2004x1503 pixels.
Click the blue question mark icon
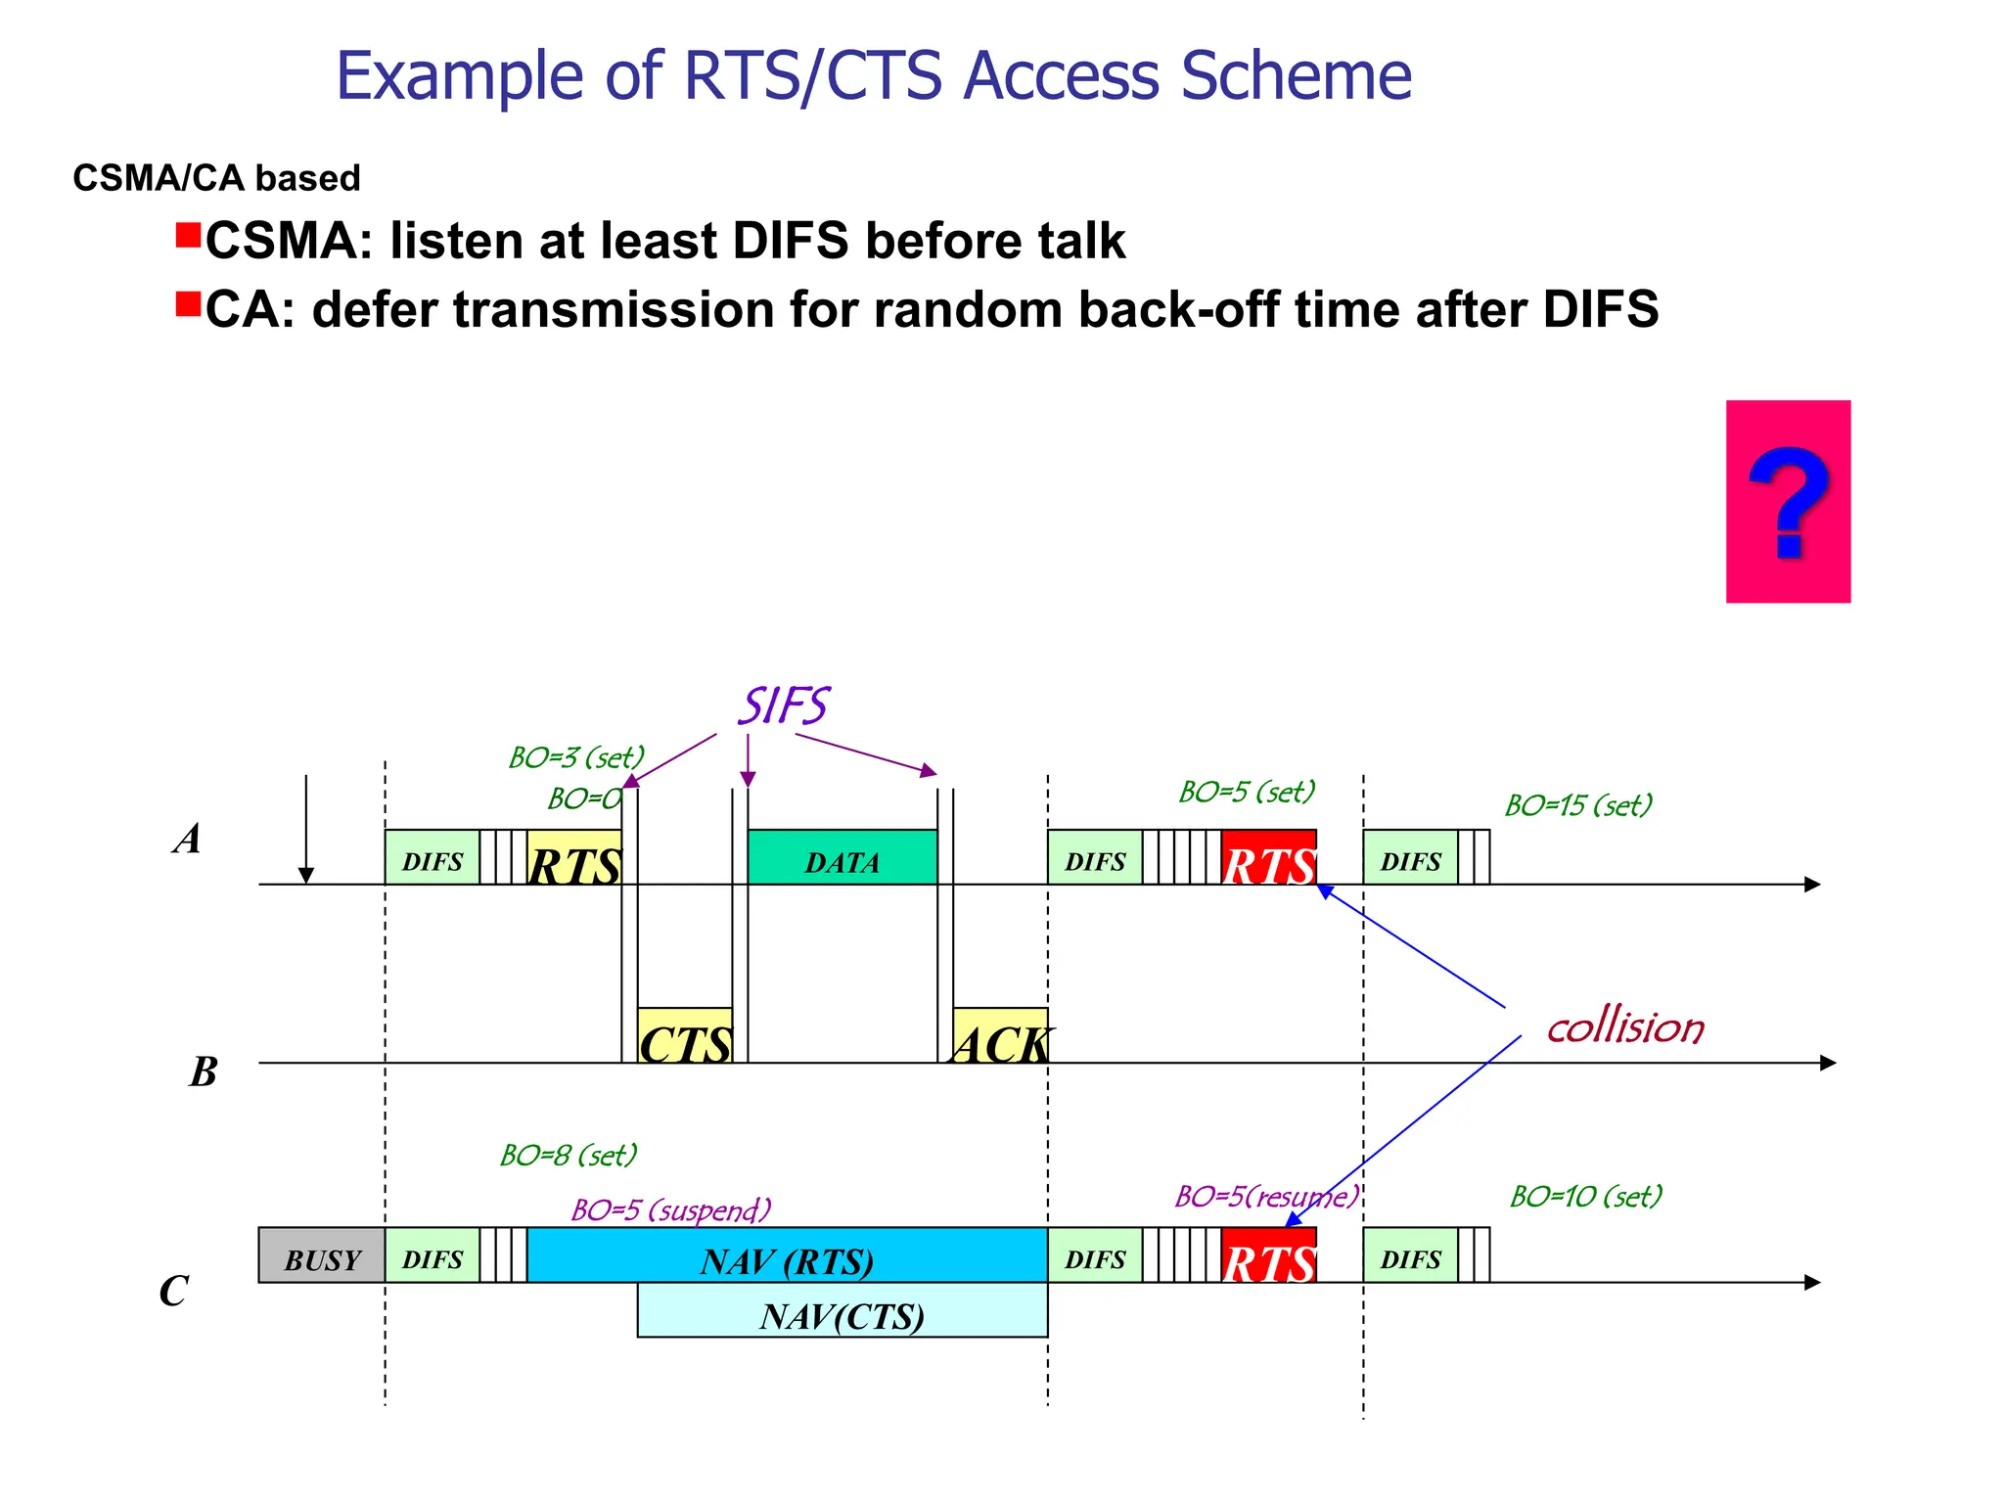[1788, 502]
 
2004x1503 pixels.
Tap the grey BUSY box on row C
[321, 1255]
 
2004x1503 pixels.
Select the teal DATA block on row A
[842, 858]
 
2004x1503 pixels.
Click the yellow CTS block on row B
[684, 1036]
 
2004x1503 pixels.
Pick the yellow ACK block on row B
[1000, 1036]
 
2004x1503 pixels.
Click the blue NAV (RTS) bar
[787, 1255]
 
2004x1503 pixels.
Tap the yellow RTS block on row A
[574, 858]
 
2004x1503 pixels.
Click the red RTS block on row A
[1268, 858]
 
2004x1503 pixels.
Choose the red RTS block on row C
[1268, 1255]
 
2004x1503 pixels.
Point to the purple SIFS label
[783, 706]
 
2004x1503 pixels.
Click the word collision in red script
[1624, 1027]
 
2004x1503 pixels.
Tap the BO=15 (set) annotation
[1577, 805]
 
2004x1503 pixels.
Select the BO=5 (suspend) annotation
[671, 1209]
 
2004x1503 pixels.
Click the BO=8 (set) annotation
[569, 1156]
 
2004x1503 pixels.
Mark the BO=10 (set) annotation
[1585, 1196]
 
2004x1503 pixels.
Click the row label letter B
[203, 1072]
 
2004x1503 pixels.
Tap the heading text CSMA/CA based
[216, 178]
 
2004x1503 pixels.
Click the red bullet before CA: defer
[188, 304]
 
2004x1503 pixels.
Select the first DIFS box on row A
[432, 858]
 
